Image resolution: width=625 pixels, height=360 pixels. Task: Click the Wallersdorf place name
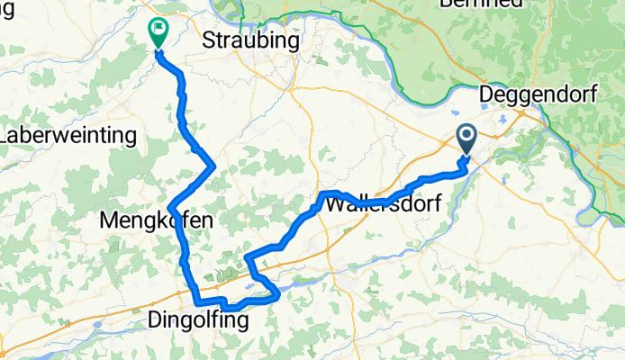point(381,204)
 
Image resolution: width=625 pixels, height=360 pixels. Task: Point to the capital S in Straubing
point(209,41)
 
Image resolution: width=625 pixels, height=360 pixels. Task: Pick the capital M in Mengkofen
point(107,220)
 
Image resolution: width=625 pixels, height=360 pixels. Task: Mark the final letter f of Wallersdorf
point(436,204)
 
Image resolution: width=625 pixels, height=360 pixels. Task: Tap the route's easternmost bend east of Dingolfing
point(280,292)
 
